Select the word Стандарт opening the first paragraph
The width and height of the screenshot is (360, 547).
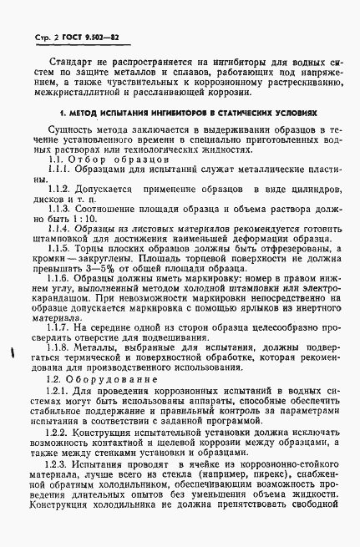pyautogui.click(x=74, y=62)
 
